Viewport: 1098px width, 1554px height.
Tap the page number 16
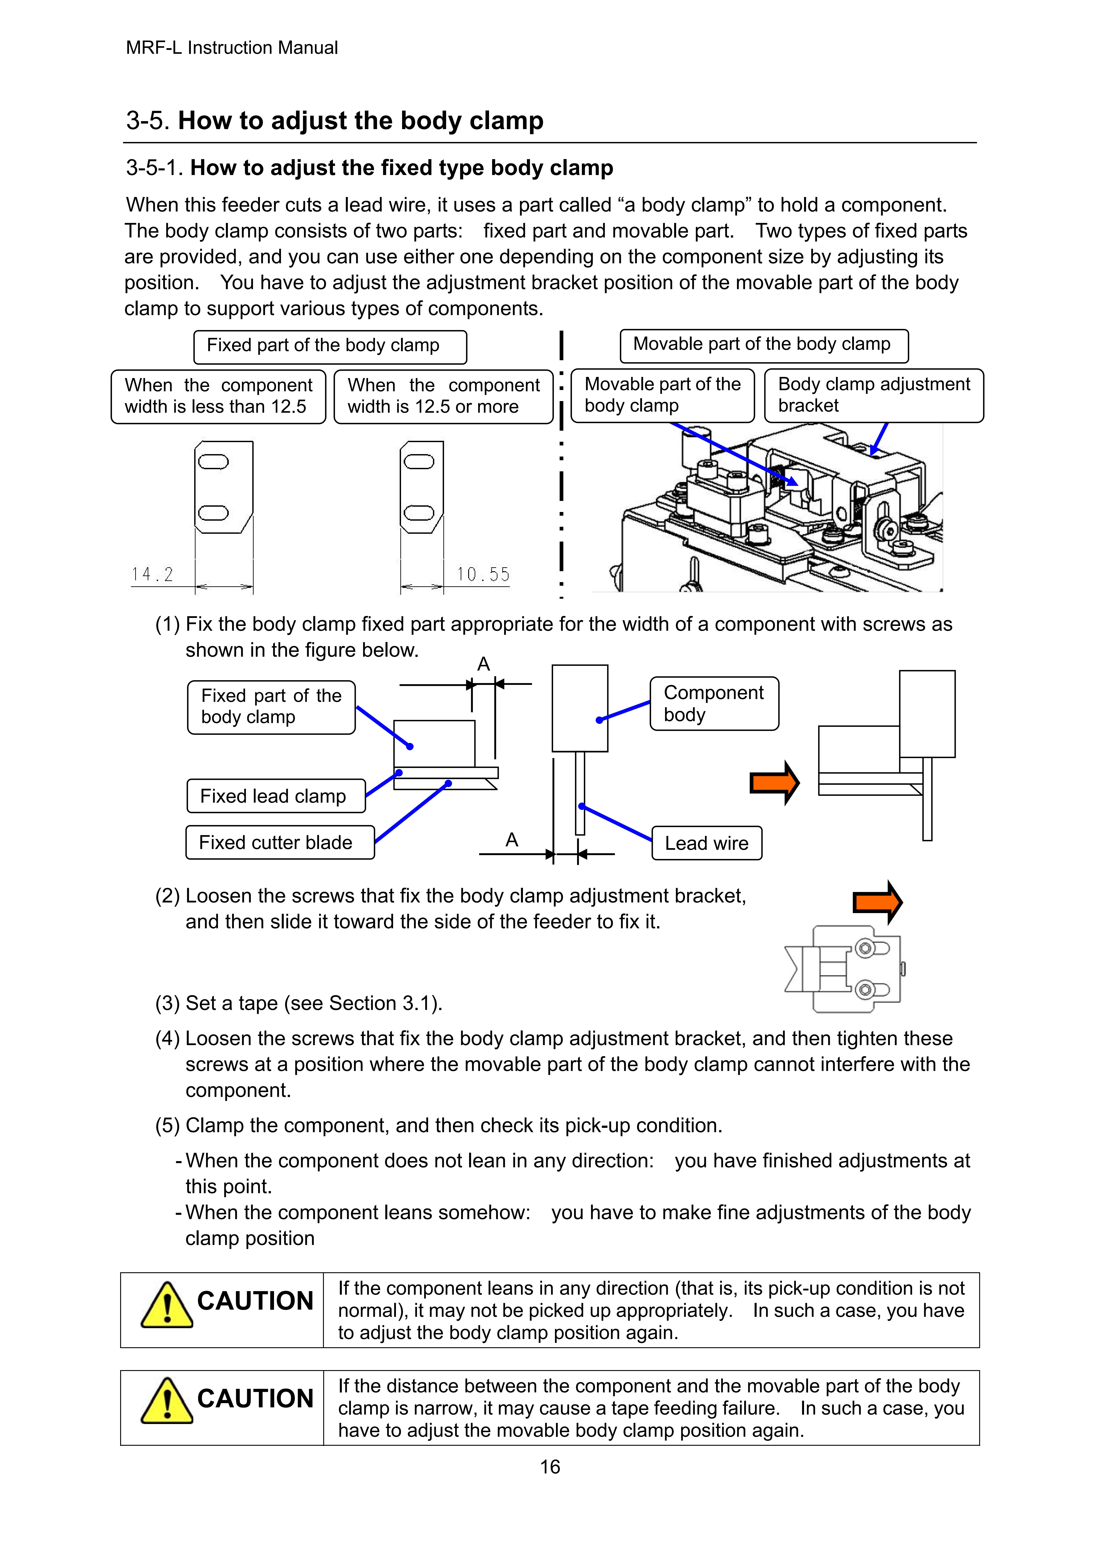(x=550, y=1467)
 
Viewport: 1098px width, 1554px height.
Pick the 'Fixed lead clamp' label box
(x=276, y=796)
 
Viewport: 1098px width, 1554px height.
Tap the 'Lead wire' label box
(x=707, y=843)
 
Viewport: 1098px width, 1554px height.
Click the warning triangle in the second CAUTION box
(x=166, y=1402)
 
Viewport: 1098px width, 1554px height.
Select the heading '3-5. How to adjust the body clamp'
(x=335, y=120)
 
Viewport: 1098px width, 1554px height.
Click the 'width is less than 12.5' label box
(x=219, y=397)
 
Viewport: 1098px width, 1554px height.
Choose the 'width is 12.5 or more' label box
(x=444, y=397)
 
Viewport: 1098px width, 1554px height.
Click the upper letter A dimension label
(x=483, y=664)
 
